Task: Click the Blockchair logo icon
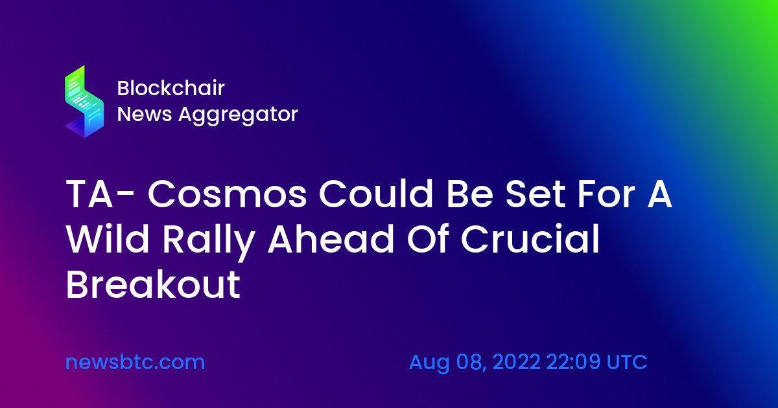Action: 84,102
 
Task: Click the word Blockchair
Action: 171,88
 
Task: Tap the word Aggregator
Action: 239,115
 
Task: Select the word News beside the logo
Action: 145,114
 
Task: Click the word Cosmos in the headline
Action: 227,194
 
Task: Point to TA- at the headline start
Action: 100,194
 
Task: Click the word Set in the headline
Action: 536,194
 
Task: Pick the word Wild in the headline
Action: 108,239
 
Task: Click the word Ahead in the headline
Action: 331,239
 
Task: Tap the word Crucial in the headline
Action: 530,239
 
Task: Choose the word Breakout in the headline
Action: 153,284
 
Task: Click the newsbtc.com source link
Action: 135,362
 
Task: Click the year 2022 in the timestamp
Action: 517,362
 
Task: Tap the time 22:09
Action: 573,362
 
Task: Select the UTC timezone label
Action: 626,362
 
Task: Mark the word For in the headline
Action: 606,194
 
